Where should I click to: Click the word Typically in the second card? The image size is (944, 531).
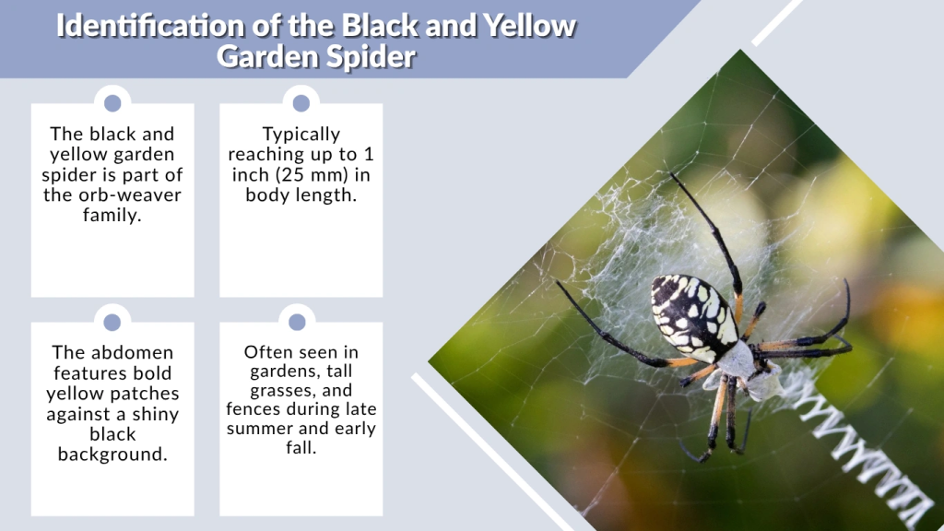point(301,135)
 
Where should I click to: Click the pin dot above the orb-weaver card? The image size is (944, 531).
point(112,103)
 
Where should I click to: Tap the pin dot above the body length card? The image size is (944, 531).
point(301,103)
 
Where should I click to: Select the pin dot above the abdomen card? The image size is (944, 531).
point(112,322)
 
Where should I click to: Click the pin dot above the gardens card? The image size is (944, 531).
point(297,322)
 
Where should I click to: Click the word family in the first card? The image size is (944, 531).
point(112,215)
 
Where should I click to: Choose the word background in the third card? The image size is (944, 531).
point(112,454)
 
